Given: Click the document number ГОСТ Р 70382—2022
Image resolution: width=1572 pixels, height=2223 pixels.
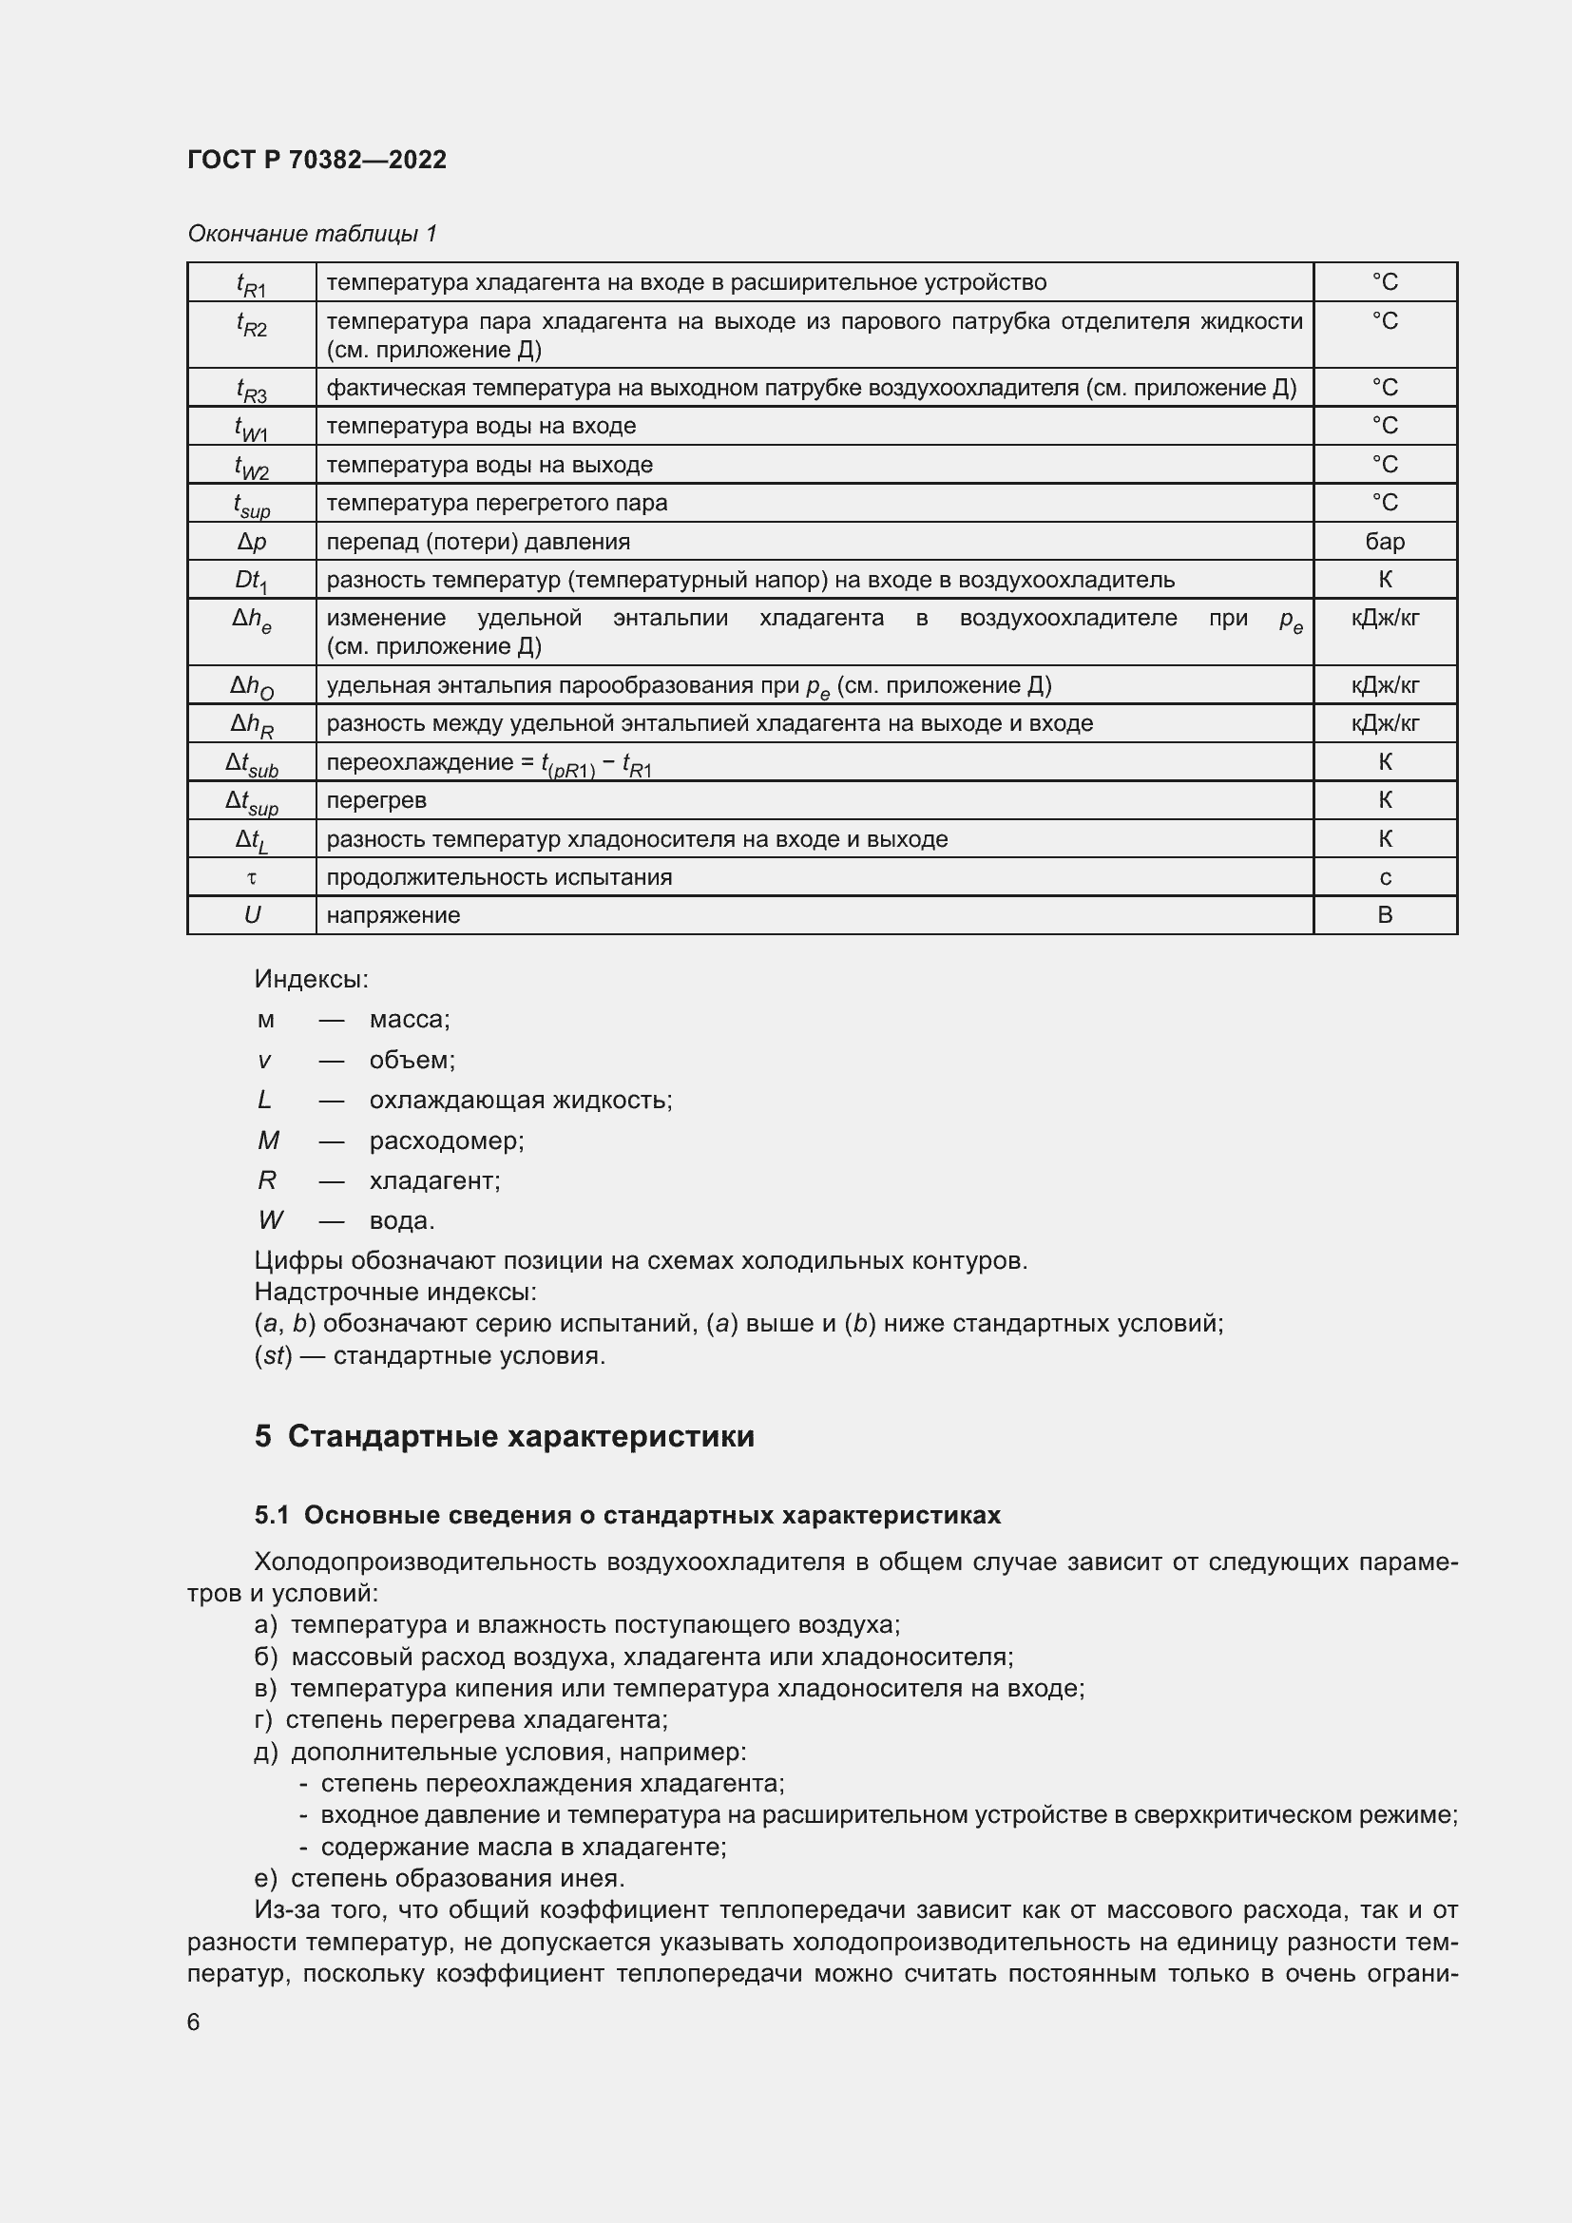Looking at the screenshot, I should tap(316, 160).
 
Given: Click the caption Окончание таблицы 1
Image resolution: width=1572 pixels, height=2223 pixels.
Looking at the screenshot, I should tap(312, 234).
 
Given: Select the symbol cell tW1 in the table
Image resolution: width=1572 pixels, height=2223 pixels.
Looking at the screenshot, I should tap(252, 427).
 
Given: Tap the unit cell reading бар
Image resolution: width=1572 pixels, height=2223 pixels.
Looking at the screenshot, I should tap(1384, 541).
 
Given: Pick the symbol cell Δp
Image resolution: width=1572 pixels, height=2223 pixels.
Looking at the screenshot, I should tap(252, 542).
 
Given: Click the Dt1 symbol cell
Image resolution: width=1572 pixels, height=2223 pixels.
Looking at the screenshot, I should tap(252, 580).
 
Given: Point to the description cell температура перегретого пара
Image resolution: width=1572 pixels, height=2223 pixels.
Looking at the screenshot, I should tap(496, 503).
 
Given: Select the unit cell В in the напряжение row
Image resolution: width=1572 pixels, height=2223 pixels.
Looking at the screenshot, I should tap(1384, 915).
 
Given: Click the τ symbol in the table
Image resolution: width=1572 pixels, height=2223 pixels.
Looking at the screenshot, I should tap(252, 877).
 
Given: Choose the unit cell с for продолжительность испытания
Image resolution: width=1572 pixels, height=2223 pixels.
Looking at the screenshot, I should tap(1384, 877).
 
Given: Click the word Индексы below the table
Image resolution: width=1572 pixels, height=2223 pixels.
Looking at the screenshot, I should tap(311, 979).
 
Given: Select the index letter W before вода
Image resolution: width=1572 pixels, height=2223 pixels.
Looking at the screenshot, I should tap(270, 1220).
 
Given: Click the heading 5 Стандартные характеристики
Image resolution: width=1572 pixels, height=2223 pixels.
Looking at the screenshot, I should tap(505, 1436).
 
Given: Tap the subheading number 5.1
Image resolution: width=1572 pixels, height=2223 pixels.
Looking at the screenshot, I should tap(272, 1515).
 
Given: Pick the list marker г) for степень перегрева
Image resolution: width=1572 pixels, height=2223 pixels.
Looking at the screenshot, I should tap(263, 1719).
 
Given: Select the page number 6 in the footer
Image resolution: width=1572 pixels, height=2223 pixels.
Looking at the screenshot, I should tap(194, 2022).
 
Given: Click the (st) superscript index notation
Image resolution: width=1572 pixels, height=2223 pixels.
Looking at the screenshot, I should tap(273, 1354).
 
